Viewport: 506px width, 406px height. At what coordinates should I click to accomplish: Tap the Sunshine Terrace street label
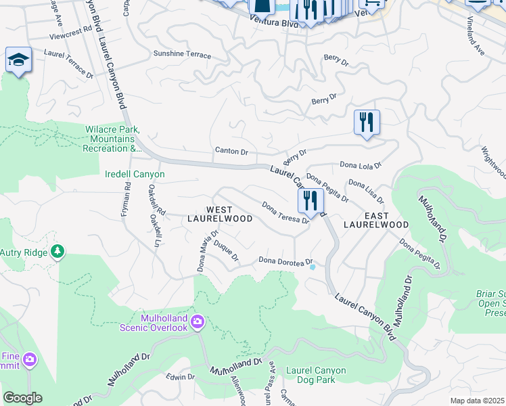(x=182, y=55)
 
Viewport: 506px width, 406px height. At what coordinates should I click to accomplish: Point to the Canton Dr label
(x=231, y=151)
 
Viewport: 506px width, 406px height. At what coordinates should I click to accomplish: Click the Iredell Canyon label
(x=135, y=175)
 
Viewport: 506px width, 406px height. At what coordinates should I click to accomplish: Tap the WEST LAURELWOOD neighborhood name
(x=229, y=214)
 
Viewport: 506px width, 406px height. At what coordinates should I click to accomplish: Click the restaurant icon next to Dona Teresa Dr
(x=310, y=201)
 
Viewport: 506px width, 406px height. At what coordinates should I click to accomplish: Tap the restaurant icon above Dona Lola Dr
(x=367, y=122)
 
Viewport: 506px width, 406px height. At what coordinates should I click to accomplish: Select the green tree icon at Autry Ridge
(x=57, y=252)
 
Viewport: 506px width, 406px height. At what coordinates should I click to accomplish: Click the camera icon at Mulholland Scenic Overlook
(x=197, y=320)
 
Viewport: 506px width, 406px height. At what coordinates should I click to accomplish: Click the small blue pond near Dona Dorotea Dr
(x=312, y=267)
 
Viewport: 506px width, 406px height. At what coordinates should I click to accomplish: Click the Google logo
(x=22, y=398)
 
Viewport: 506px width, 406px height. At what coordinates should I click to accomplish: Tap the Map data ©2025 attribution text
(x=477, y=401)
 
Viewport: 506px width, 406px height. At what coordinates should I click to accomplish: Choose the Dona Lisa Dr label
(x=365, y=191)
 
